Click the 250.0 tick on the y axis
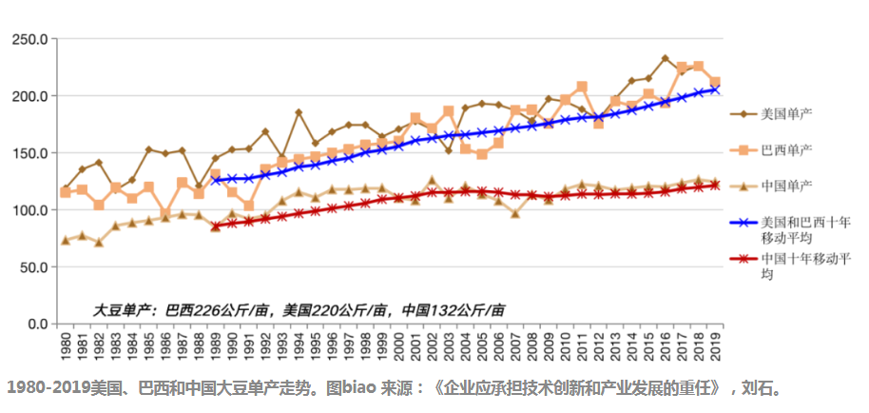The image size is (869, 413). click(x=29, y=39)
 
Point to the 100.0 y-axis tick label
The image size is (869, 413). click(x=29, y=210)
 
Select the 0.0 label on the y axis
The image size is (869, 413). click(x=36, y=324)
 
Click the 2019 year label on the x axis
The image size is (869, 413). click(x=716, y=345)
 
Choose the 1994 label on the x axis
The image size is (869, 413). click(x=299, y=345)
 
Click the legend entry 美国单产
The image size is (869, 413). click(x=785, y=114)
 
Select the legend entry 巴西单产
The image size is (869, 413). click(x=785, y=150)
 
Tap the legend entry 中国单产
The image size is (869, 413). click(x=785, y=185)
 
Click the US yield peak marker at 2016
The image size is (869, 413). click(x=666, y=59)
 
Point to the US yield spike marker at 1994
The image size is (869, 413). click(x=299, y=112)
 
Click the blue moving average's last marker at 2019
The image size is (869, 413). click(x=716, y=88)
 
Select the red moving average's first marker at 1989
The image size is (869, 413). click(x=216, y=226)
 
